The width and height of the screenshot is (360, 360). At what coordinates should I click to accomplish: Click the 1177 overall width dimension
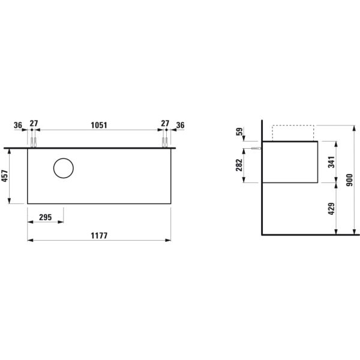point(99,236)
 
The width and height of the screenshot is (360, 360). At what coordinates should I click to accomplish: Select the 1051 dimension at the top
point(99,125)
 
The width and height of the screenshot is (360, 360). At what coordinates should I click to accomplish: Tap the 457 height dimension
point(5,176)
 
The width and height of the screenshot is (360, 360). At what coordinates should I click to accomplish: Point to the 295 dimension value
point(46,217)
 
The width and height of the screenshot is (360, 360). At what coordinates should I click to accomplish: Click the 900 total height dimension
point(349,180)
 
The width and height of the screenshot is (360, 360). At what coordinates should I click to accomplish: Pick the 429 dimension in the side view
point(331,209)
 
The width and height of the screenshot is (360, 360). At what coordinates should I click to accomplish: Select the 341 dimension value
point(331,162)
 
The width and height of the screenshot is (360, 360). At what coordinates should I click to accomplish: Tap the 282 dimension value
point(239,165)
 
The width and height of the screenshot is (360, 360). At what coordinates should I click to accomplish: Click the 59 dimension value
point(239,131)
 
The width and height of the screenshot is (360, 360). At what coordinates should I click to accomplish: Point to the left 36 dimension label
point(18,125)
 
